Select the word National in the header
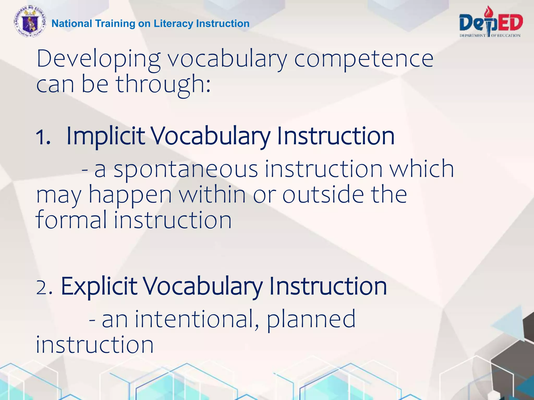pos(72,23)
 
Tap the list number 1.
pos(43,137)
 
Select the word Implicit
pos(105,136)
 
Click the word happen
pos(130,195)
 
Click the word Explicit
pos(99,286)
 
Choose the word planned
pos(311,320)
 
